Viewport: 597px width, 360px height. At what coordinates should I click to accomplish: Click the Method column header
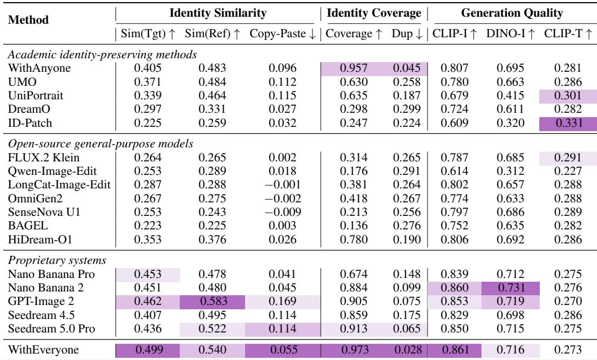28,19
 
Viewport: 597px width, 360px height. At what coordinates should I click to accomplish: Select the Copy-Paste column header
283,33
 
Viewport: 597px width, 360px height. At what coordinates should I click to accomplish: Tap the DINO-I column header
510,33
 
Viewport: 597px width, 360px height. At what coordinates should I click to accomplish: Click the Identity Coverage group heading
374,13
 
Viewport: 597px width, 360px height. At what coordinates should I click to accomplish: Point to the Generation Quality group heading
512,13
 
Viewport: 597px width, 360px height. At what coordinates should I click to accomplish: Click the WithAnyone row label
39,68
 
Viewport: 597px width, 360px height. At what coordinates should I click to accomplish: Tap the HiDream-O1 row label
40,240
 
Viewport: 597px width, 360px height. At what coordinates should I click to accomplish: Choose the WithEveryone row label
43,350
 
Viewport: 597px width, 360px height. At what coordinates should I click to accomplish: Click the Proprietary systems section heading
57,260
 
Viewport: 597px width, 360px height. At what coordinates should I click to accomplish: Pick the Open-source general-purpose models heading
100,144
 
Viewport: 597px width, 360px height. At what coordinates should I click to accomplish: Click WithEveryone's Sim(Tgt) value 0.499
148,350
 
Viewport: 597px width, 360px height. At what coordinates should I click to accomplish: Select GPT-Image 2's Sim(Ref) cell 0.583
212,301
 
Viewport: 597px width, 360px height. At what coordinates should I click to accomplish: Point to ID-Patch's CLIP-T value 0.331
568,123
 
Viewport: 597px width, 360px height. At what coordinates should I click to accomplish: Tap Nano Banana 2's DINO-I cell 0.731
510,288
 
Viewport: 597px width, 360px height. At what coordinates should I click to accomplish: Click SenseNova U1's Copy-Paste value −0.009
283,212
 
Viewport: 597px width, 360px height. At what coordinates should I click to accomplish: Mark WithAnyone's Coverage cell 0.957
354,68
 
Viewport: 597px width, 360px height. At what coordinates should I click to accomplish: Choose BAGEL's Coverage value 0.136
354,226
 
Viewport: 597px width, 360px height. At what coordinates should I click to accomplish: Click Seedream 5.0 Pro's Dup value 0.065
406,329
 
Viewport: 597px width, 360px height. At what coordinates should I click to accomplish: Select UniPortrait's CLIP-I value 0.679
454,96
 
